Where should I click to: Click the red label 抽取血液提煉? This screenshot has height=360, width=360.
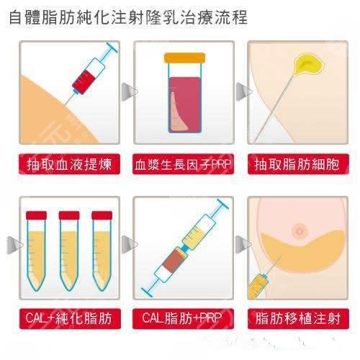tap(69, 165)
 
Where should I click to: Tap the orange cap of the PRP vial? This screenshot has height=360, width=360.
tap(184, 57)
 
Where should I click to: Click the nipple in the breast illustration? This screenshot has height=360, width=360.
tap(298, 231)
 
